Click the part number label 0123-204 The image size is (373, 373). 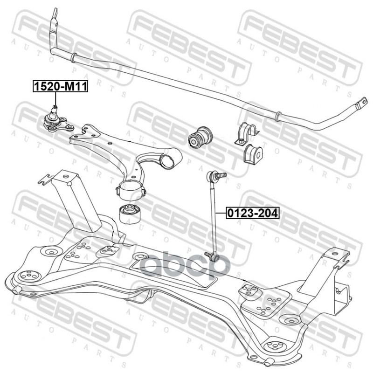(252, 213)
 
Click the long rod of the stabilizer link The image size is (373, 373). (215, 214)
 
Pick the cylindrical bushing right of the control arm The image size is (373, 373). (200, 136)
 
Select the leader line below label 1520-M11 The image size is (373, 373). (55, 99)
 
